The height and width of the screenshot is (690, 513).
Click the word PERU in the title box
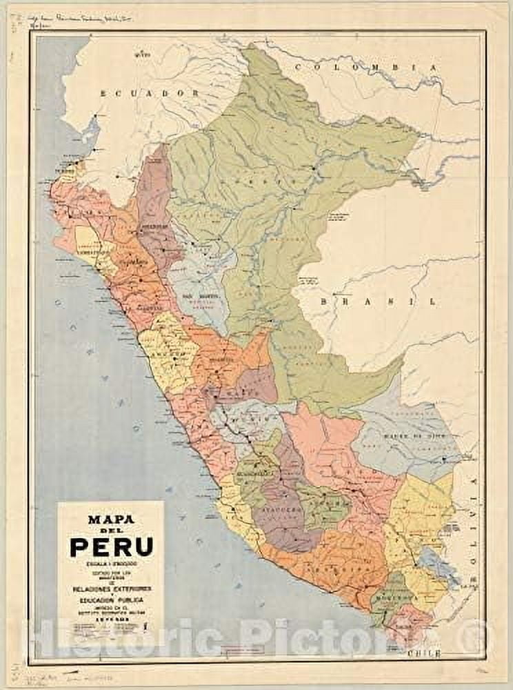click(110, 547)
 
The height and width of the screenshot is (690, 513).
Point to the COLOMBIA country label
click(365, 67)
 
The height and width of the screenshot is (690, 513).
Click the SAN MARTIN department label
click(197, 295)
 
